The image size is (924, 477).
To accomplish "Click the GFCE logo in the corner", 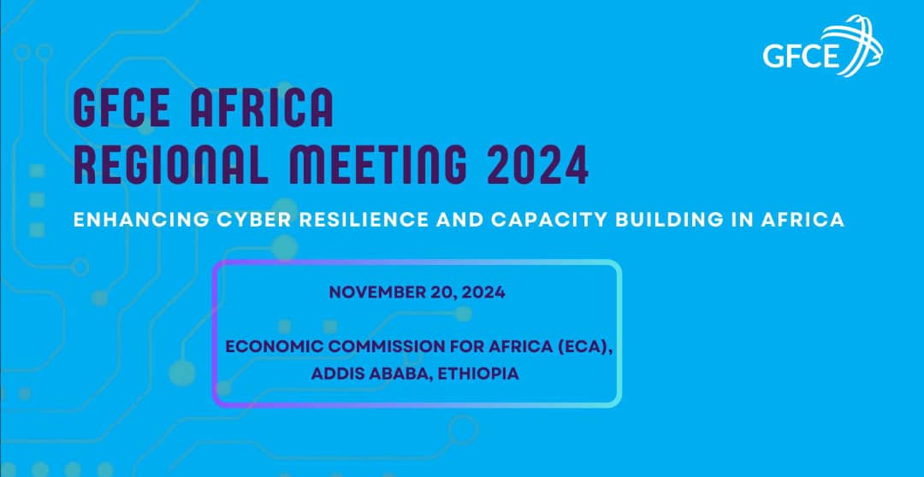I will click(822, 47).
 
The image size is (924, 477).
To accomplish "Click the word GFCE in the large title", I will click(121, 108).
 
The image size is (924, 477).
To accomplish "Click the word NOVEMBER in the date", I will click(377, 292).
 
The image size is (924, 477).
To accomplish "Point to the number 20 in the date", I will click(446, 292).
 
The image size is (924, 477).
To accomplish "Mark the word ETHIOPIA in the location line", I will click(478, 374).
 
